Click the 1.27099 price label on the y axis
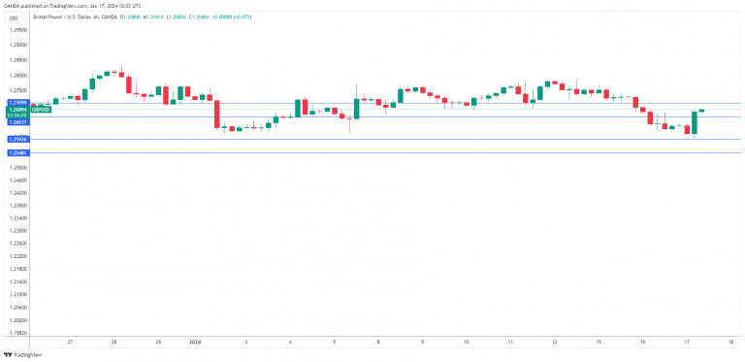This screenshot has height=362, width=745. pos(17,102)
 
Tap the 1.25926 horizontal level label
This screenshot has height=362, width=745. pos(17,140)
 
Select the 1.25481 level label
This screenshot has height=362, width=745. pos(17,153)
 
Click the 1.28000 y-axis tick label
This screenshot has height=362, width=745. pos(17,76)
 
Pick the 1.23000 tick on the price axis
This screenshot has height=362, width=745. pos(17,231)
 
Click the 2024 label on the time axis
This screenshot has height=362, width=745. pos(194,343)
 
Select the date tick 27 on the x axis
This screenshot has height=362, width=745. pos(70,343)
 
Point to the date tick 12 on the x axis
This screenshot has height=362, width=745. pos(555,343)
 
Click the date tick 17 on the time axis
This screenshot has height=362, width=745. pos(687,343)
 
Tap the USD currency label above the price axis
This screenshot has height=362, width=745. pos(13,16)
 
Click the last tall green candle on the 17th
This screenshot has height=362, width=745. pos(695,121)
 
